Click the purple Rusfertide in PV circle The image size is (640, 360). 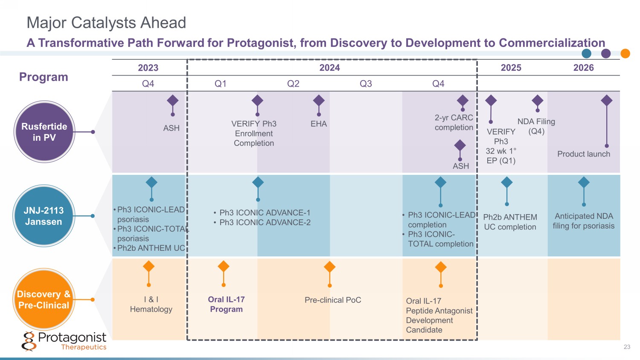tap(44, 132)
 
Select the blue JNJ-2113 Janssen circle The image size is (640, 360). tap(44, 216)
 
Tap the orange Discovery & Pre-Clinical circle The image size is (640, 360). tap(44, 299)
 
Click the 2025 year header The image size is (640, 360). tap(511, 68)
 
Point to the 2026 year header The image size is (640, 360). tap(583, 68)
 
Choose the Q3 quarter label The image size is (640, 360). tap(366, 84)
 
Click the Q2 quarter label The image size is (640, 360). tap(293, 84)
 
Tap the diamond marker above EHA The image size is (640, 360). tap(319, 101)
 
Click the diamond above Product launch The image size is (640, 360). tap(606, 101)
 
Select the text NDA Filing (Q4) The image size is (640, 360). tap(536, 126)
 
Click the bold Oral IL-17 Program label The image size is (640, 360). tap(226, 304)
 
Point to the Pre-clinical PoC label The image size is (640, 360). tap(333, 300)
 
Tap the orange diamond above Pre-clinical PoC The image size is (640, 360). tap(329, 267)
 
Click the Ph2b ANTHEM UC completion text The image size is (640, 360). tap(510, 222)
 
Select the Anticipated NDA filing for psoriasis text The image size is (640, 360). tap(584, 221)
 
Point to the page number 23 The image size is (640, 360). tap(627, 347)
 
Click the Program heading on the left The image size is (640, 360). tap(44, 77)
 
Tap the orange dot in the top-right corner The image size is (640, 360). tap(625, 53)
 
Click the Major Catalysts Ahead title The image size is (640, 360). tap(106, 23)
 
